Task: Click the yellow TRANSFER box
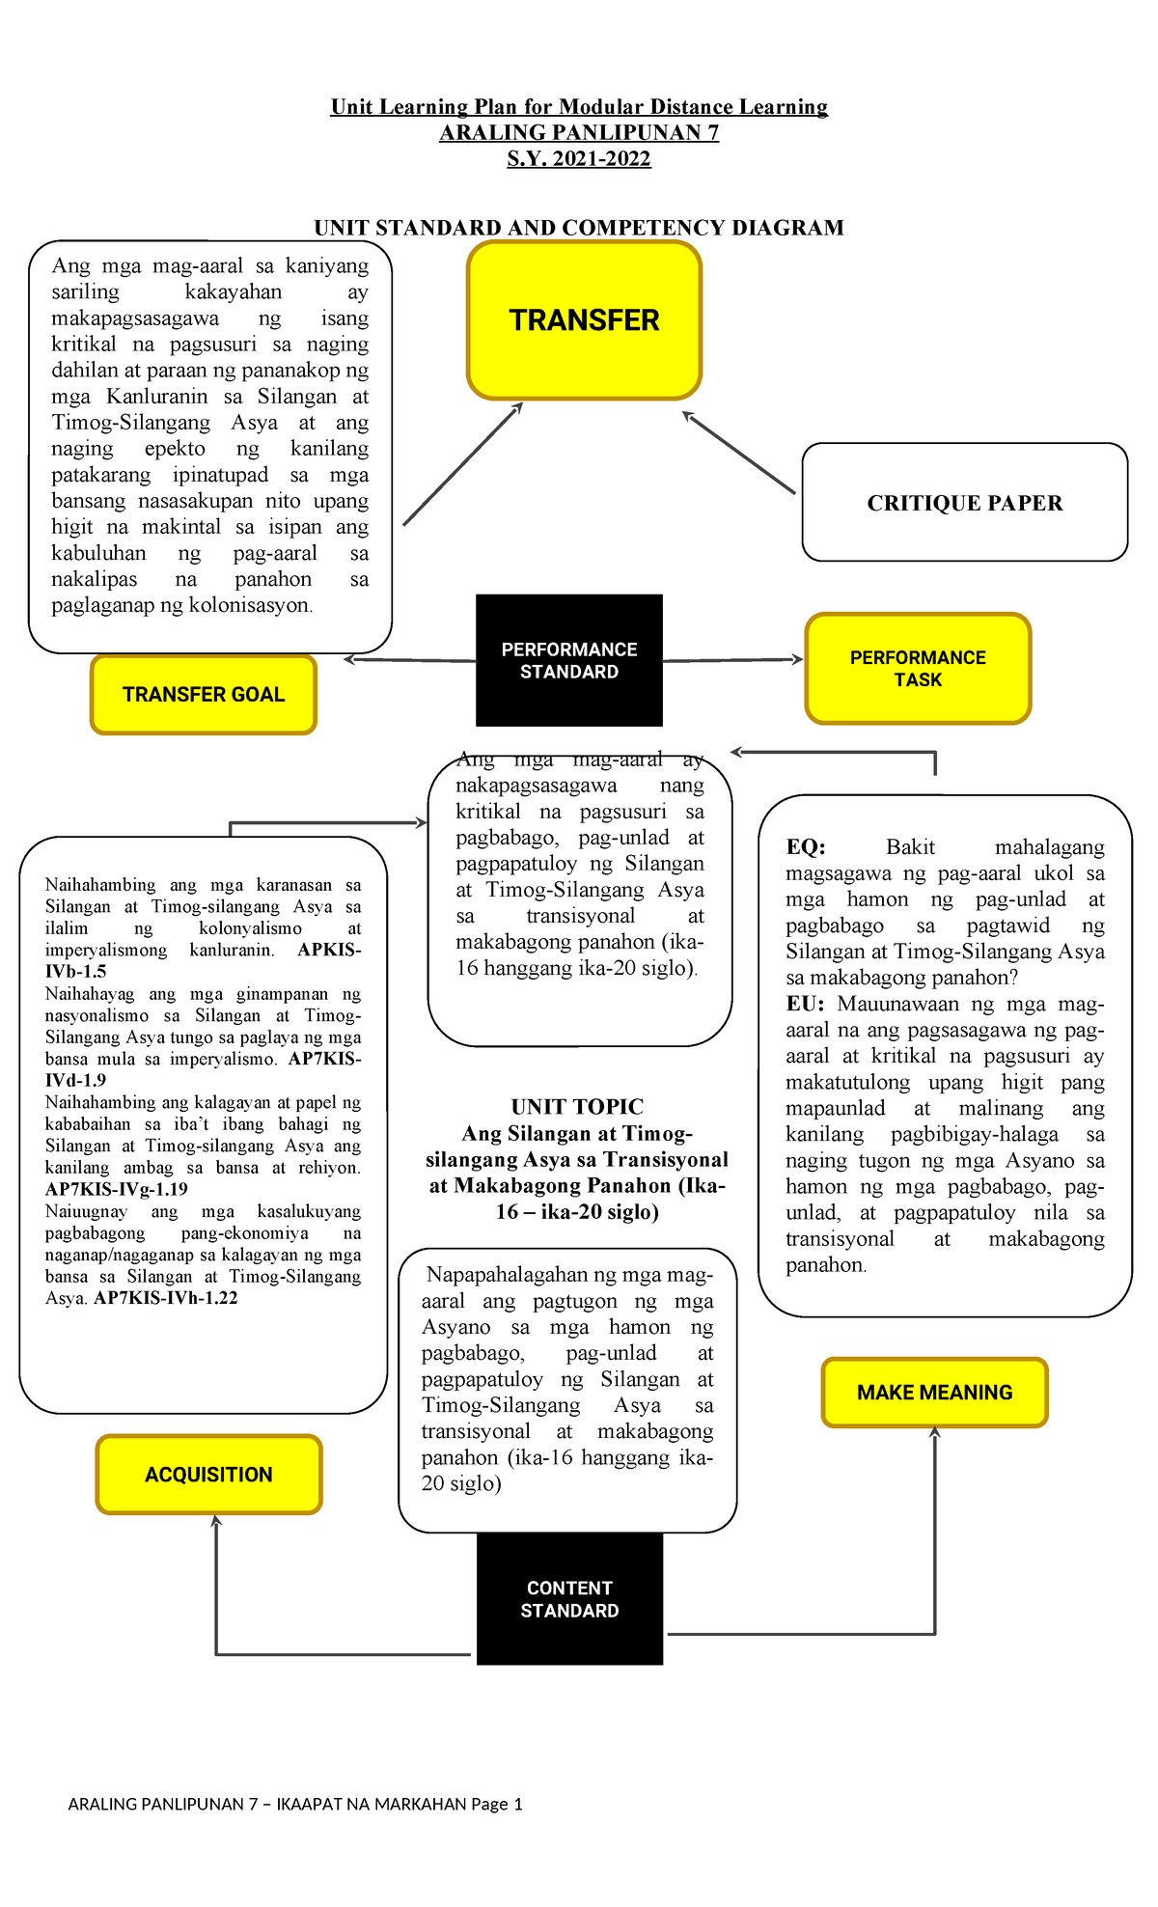[584, 320]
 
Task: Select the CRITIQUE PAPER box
[964, 503]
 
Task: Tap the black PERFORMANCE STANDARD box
[569, 660]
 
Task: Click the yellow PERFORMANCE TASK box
[918, 668]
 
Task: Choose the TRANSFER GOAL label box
[204, 694]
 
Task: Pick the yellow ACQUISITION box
[208, 1474]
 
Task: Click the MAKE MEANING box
[934, 1392]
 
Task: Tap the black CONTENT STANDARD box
[569, 1598]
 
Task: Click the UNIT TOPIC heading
[577, 1107]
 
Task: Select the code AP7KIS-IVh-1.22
[166, 1298]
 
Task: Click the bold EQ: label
[806, 847]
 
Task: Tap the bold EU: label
[805, 1004]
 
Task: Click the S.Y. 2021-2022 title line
[579, 158]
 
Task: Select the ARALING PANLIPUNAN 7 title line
[579, 132]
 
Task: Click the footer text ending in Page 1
[295, 1804]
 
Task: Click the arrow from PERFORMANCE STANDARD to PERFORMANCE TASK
[733, 660]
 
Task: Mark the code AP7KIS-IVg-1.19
[117, 1189]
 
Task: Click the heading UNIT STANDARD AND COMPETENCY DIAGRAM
[579, 228]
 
